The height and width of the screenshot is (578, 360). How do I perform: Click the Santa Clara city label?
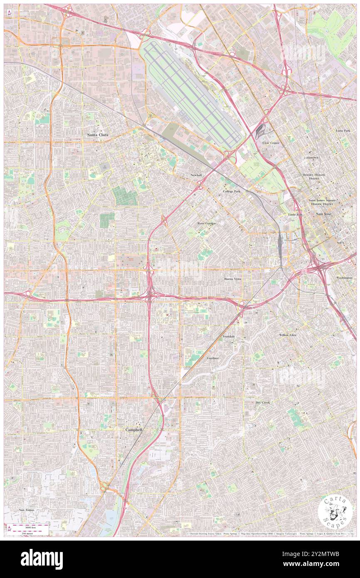(98, 135)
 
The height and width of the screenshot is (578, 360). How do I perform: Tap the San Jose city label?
(325, 214)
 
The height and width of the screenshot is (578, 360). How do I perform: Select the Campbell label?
(134, 430)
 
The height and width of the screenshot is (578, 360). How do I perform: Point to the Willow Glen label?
(288, 335)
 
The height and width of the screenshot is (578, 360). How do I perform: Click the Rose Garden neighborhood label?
(207, 223)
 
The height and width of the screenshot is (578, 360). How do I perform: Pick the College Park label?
(232, 191)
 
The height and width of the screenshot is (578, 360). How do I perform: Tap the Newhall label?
(196, 175)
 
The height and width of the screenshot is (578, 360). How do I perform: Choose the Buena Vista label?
(232, 279)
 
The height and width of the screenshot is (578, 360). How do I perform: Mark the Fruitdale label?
(229, 336)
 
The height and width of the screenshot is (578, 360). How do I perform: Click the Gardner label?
(213, 358)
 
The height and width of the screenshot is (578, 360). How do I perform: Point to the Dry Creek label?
(263, 403)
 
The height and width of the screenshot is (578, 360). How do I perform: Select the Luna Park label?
(343, 131)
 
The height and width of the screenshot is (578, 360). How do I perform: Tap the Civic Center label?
(271, 143)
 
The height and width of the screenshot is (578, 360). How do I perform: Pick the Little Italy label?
(296, 214)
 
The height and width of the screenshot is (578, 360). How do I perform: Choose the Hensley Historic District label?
(314, 177)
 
